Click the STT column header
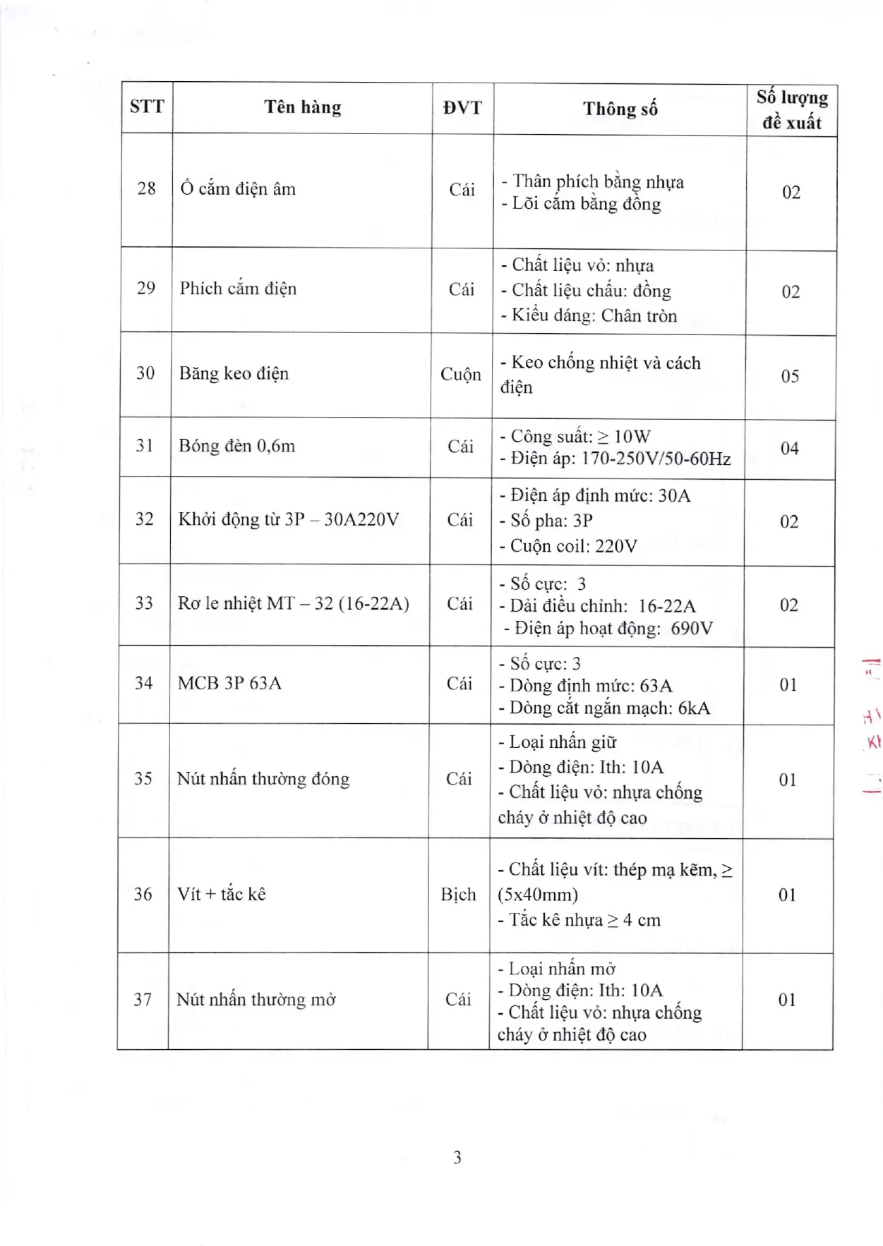tap(147, 107)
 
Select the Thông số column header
tap(620, 109)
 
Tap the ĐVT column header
tap(462, 107)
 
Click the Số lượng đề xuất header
tap(792, 110)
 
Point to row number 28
tap(146, 188)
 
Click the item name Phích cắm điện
tap(238, 289)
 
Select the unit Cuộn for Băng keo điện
tap(461, 374)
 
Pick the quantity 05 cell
tap(790, 376)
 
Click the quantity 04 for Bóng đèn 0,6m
tap(790, 448)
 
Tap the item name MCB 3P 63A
tap(229, 683)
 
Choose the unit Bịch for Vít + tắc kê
tap(458, 895)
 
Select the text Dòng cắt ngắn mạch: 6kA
tap(604, 708)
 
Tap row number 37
tap(143, 1000)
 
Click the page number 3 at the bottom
tap(457, 1158)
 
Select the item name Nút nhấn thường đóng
tap(263, 779)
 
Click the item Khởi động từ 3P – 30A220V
tap(288, 520)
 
